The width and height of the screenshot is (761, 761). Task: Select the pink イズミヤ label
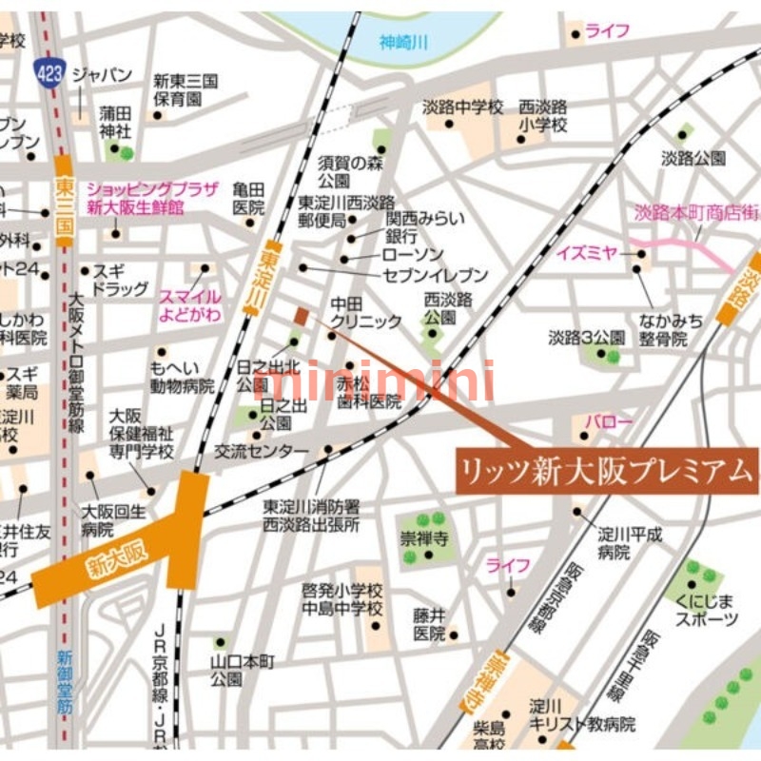587,253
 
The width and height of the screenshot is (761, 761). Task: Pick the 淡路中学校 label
463,107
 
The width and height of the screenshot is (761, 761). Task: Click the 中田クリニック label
365,313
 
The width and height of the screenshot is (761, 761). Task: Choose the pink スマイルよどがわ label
190,303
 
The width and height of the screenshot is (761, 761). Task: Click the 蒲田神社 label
115,122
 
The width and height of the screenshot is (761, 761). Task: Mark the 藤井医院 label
429,625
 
